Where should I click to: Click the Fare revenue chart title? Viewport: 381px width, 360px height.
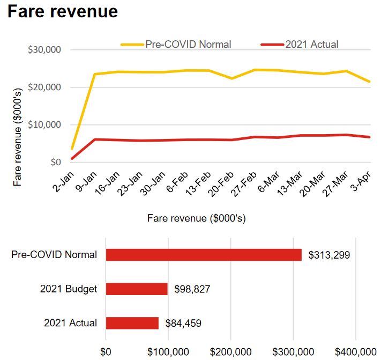62,12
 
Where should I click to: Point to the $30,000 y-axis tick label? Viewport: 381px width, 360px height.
46,50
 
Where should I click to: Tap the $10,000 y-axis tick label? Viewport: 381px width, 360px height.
46,124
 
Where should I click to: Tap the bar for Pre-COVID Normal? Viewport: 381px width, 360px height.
204,255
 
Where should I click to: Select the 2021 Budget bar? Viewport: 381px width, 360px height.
137,289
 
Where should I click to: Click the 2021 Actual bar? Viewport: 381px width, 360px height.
132,323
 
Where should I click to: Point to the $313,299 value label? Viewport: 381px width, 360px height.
329,255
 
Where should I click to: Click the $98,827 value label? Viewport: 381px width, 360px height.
192,290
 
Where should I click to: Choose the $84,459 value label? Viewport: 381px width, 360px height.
183,324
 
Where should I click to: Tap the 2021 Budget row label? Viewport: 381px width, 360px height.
69,289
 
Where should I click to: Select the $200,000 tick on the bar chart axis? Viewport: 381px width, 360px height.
231,351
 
